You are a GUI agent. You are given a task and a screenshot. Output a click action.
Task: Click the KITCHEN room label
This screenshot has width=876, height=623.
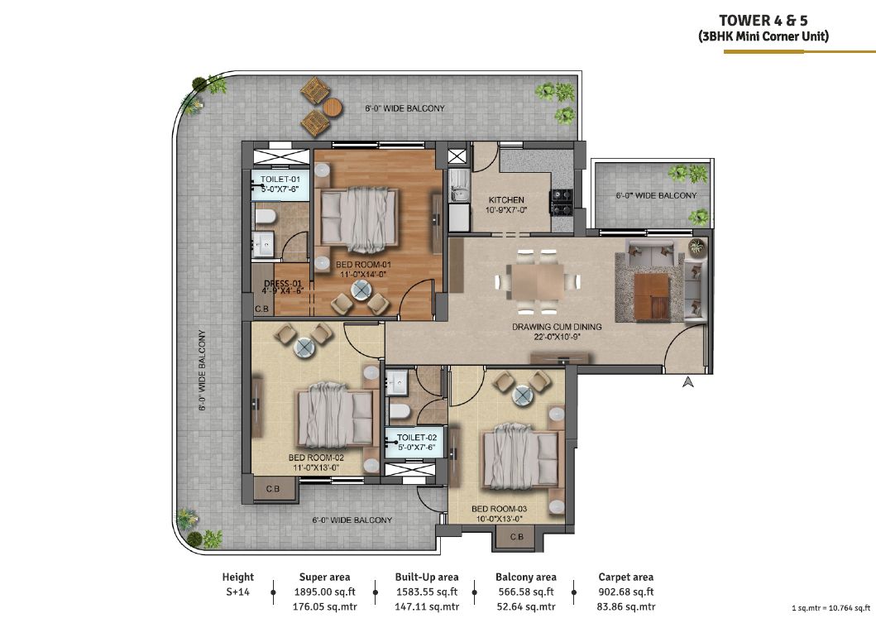[506, 199]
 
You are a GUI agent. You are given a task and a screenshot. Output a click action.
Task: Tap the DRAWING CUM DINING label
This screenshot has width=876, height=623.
[557, 327]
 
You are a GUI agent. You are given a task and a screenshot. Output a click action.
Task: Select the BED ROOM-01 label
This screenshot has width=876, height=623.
[363, 264]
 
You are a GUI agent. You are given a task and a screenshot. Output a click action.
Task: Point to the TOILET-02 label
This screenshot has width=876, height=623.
[417, 438]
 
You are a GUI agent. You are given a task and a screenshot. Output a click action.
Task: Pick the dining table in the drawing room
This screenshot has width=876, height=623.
[538, 281]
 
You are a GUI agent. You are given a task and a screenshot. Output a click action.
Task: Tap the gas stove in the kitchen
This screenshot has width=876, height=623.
[562, 202]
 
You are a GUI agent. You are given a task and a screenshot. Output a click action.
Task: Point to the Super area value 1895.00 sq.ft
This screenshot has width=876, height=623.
[324, 592]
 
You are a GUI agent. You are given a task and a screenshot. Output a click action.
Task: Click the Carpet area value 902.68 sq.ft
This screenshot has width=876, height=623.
[625, 592]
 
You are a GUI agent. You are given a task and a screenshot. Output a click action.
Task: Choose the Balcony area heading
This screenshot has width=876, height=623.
[526, 577]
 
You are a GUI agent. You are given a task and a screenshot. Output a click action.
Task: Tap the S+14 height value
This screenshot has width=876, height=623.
[238, 592]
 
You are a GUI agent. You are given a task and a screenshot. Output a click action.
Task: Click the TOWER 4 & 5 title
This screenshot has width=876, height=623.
[764, 21]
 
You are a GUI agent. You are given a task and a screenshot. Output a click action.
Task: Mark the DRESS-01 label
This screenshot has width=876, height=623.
[283, 283]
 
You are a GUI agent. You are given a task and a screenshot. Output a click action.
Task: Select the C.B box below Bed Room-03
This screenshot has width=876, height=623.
[517, 537]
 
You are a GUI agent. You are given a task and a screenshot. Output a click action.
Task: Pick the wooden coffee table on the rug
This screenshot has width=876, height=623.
[651, 294]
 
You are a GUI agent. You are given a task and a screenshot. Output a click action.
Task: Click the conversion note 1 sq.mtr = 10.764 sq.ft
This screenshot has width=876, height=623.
[831, 608]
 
